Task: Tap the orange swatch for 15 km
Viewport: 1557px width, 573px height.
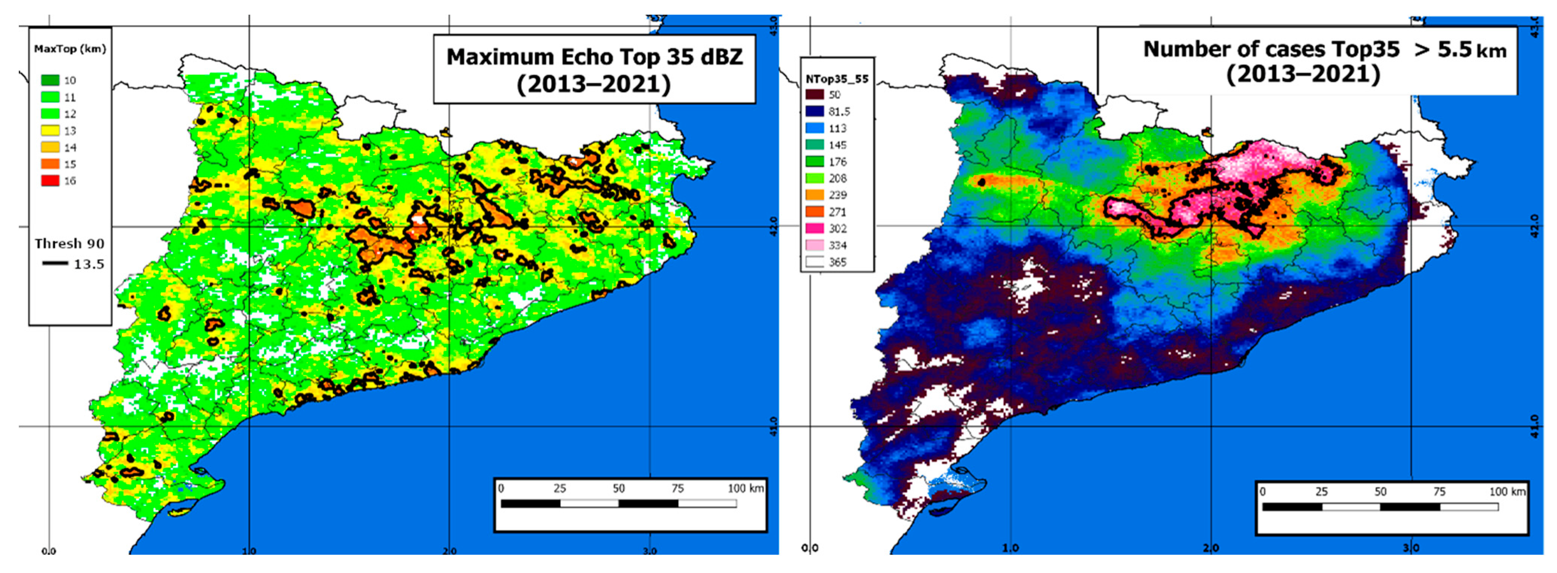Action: point(50,164)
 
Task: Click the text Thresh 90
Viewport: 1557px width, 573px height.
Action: point(69,244)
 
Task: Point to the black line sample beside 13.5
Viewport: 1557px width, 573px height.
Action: point(55,264)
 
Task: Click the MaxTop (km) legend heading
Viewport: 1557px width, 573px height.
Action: point(70,49)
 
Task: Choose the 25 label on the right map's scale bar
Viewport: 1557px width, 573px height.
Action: point(1321,491)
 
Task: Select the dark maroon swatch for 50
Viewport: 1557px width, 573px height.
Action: point(814,95)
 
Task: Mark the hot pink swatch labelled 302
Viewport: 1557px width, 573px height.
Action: point(814,229)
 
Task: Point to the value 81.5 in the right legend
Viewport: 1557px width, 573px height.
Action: point(839,112)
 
